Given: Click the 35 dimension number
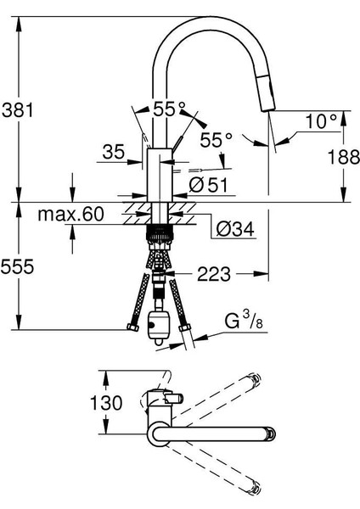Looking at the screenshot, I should (x=113, y=153).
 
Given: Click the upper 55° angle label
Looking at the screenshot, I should (x=169, y=109).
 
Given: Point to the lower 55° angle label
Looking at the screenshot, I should (x=217, y=140).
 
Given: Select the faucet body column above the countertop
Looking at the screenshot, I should (x=160, y=174).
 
